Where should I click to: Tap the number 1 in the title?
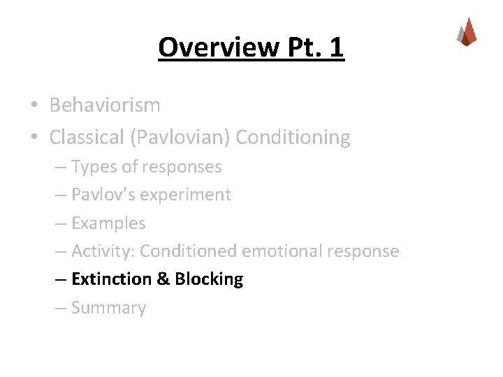[x=335, y=47]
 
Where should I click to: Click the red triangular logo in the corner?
[x=467, y=31]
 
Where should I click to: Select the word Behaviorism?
[x=105, y=105]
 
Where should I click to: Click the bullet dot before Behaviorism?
[x=34, y=106]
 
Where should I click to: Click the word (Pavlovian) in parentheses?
[x=180, y=138]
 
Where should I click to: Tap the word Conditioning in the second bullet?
[x=293, y=138]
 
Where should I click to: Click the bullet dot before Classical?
[x=34, y=138]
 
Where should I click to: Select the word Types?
[x=94, y=167]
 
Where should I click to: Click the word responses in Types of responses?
[x=182, y=167]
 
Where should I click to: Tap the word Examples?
[x=108, y=223]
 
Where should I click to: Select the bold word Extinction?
[x=111, y=279]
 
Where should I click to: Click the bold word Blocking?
[x=209, y=279]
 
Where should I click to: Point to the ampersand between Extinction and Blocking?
[x=163, y=279]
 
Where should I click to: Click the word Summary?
[x=108, y=308]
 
